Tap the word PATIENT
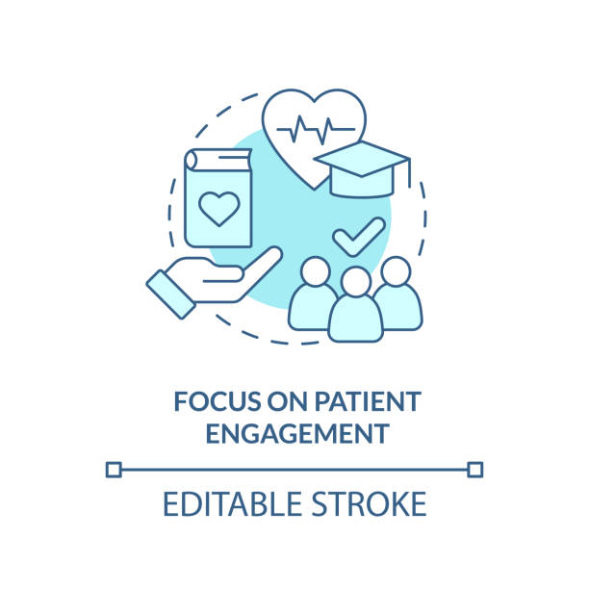tap(368, 401)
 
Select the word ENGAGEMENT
tap(297, 433)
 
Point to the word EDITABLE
tap(232, 503)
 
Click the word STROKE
tap(369, 503)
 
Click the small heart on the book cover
tap(219, 209)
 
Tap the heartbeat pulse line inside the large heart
tap(316, 130)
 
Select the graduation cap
tap(361, 169)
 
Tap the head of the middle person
tap(356, 282)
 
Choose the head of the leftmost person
tap(316, 271)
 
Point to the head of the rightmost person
tap(396, 271)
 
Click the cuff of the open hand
tap(171, 294)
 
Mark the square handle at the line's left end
tap(114, 470)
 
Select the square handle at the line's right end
tap(475, 470)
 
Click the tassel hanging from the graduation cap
tap(409, 173)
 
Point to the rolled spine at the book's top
tap(191, 160)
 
